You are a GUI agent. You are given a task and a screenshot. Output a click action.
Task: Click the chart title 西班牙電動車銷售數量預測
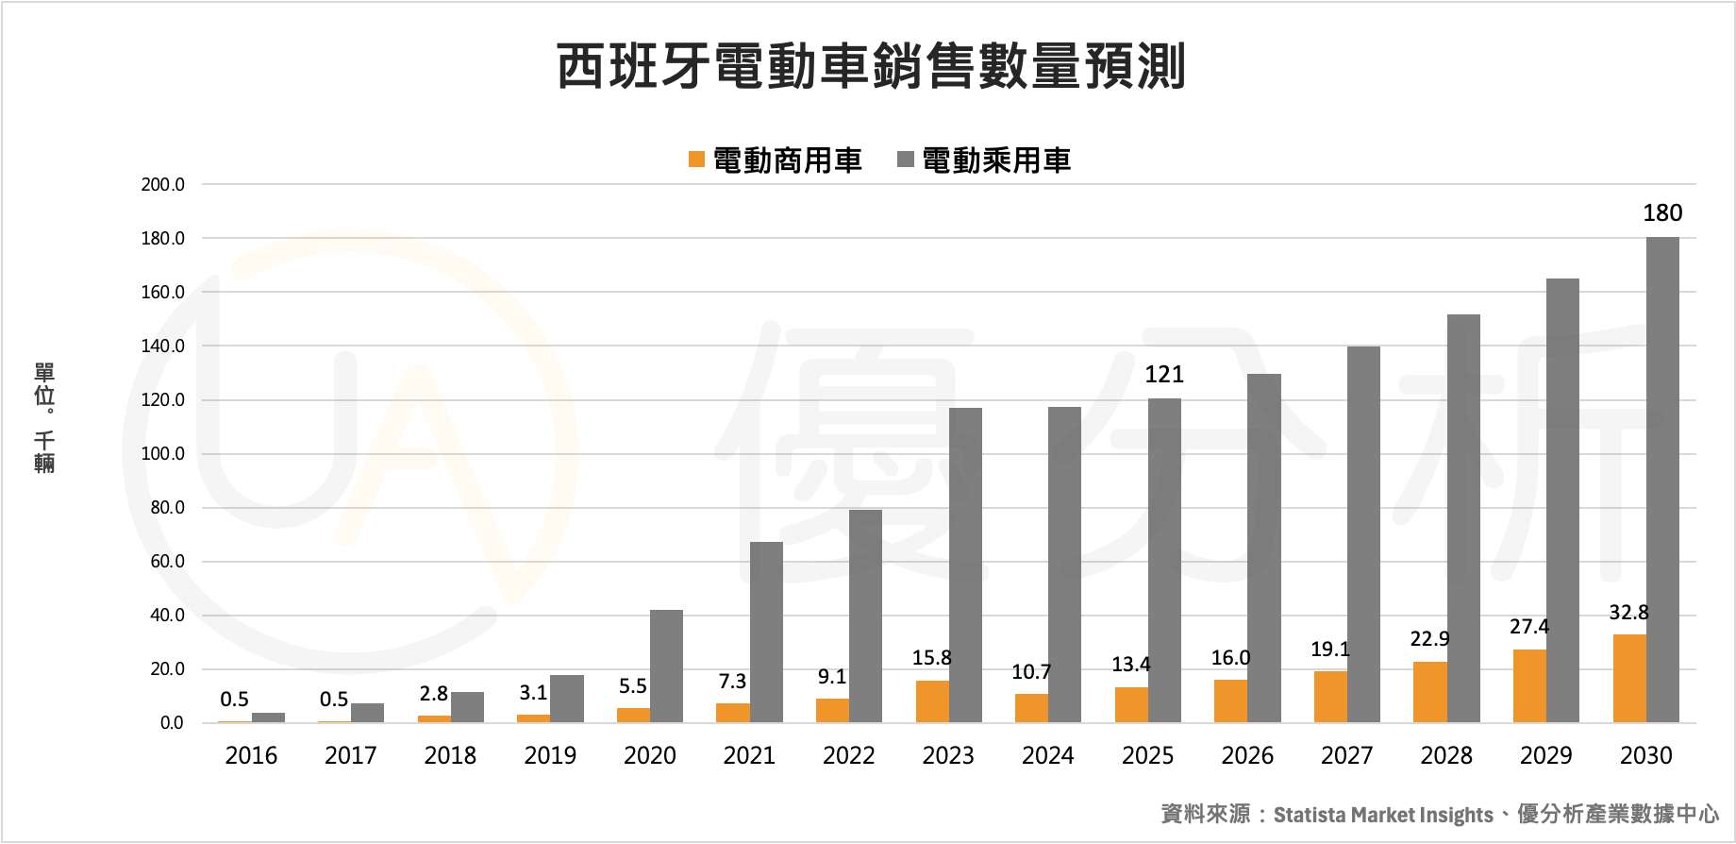tap(870, 66)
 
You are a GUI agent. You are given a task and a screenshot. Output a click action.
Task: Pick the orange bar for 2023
tap(932, 701)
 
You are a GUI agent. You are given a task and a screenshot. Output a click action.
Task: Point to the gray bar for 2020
tap(666, 667)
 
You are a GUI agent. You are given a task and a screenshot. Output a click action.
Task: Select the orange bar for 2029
tap(1529, 686)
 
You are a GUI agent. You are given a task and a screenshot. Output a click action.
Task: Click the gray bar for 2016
tap(268, 717)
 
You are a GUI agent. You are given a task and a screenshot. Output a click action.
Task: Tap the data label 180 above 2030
tap(1662, 213)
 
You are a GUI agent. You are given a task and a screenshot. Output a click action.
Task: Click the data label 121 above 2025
tap(1164, 375)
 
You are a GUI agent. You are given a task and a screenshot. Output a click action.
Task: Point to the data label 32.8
tap(1628, 613)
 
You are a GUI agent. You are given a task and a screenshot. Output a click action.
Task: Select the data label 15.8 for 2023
tap(931, 658)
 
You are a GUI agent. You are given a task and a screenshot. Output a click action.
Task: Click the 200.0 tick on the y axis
tap(163, 185)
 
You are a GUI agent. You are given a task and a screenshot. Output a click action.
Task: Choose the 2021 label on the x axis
tap(749, 756)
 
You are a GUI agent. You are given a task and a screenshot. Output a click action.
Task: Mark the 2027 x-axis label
tap(1346, 756)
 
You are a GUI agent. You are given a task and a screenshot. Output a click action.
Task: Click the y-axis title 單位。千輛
tap(44, 417)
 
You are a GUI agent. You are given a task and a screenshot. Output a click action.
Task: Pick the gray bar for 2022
tap(865, 616)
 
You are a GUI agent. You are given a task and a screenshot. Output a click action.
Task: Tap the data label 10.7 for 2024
tap(1031, 672)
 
